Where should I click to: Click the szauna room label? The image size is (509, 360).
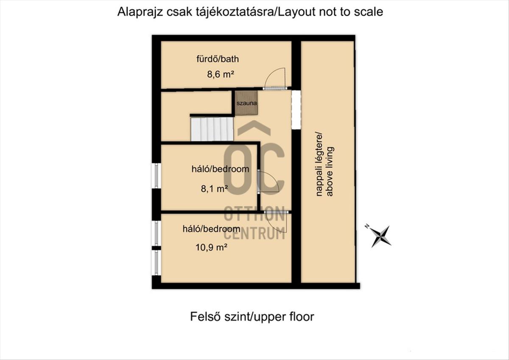click(246, 103)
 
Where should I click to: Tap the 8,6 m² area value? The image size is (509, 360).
click(221, 74)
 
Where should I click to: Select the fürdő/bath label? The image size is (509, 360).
click(218, 59)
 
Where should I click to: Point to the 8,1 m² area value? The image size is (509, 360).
click(214, 189)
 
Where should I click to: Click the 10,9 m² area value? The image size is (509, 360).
click(211, 247)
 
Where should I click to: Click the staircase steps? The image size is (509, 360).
click(212, 129)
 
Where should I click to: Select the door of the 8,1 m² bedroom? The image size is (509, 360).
click(268, 182)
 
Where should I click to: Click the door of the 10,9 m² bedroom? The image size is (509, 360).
click(276, 221)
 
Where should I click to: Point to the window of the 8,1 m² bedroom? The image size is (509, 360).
click(157, 176)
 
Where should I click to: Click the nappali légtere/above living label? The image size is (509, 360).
click(324, 164)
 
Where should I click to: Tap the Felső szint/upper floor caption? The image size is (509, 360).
click(252, 317)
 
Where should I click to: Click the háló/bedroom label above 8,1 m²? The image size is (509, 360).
click(220, 169)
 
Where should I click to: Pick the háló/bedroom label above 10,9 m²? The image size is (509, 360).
click(211, 229)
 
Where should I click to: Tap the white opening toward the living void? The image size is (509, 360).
click(296, 110)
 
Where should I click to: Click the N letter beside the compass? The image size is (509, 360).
click(367, 226)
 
